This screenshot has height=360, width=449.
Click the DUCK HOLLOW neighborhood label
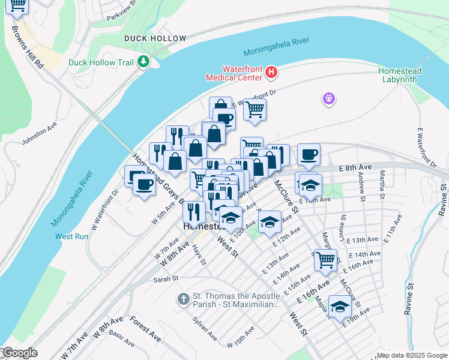click(x=155, y=38)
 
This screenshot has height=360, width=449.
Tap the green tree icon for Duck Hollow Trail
click(x=143, y=61)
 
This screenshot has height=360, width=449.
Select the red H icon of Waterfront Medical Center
click(x=271, y=73)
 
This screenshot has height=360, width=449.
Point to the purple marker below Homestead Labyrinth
click(x=328, y=98)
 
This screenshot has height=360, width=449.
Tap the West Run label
click(x=72, y=236)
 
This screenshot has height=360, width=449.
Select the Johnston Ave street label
click(x=39, y=134)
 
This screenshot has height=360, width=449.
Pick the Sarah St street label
click(x=166, y=278)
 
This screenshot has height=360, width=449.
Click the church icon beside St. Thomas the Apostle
click(x=184, y=299)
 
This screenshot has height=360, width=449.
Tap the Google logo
click(x=19, y=353)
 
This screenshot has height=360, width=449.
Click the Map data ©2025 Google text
click(x=411, y=355)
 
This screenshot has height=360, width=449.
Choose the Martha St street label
click(x=382, y=184)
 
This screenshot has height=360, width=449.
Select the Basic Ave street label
click(x=122, y=340)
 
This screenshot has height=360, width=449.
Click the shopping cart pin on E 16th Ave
click(x=325, y=259)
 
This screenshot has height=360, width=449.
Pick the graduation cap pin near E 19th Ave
click(x=340, y=307)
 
